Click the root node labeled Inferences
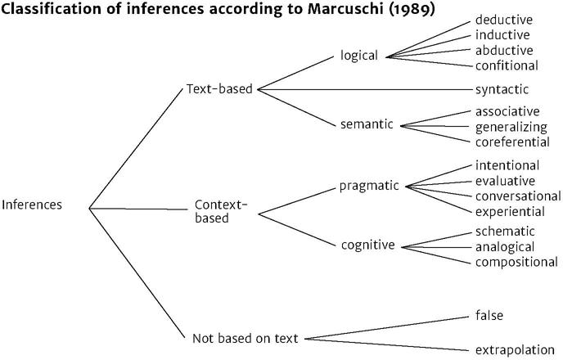[32, 205]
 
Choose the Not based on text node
[245, 337]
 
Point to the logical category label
[359, 56]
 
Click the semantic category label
[367, 124]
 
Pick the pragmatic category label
[368, 185]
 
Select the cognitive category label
[367, 245]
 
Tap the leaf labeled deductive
[503, 20]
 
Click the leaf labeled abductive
[502, 50]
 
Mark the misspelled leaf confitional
[507, 65]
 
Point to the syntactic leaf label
[502, 88]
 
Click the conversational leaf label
[518, 196]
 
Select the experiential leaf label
[510, 211]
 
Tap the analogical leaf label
[505, 246]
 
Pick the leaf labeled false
[489, 315]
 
